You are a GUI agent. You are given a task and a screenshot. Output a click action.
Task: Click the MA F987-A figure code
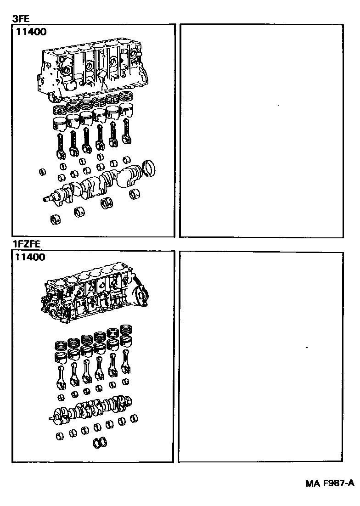coord(330,483)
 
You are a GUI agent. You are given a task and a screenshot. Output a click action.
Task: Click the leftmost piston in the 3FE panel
coord(58,124)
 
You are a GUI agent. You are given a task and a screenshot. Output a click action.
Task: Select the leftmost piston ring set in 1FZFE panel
coord(61,345)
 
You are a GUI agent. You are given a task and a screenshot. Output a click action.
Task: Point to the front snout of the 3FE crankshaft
coord(48,198)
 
